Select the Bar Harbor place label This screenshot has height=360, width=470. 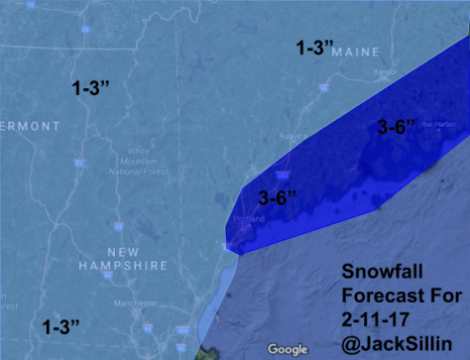436,124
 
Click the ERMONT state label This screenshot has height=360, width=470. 30,126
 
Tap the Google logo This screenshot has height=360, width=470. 288,348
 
